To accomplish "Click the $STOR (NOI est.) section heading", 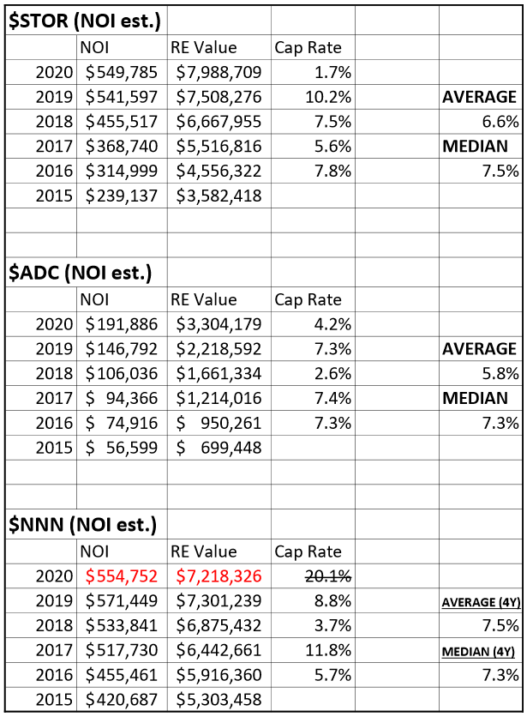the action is click(x=85, y=21).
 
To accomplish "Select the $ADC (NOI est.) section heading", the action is click(x=81, y=273).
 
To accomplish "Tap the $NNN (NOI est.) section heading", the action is click(x=83, y=525).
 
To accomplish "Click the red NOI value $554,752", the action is click(x=122, y=576).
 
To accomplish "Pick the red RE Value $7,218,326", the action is click(x=219, y=576).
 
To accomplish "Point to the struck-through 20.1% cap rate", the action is click(x=328, y=576).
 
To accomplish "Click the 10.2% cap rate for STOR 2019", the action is click(x=328, y=97).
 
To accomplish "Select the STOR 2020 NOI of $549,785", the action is click(x=122, y=72).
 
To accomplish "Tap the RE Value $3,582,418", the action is click(x=219, y=196).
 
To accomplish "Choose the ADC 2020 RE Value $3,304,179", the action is click(x=219, y=324).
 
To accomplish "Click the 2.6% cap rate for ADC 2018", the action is click(x=332, y=374).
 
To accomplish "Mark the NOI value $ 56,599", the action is click(x=122, y=448).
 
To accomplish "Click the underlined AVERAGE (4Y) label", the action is click(x=482, y=602).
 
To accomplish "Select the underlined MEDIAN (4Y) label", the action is click(x=478, y=652).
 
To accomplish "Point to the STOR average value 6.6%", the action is click(x=500, y=122).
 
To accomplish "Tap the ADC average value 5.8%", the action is click(x=500, y=374).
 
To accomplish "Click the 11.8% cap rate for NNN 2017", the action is click(x=328, y=650).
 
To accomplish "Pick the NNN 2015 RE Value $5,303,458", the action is click(x=219, y=700).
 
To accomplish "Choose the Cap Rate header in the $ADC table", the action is click(x=308, y=300).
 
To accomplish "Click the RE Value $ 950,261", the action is click(x=219, y=423).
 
